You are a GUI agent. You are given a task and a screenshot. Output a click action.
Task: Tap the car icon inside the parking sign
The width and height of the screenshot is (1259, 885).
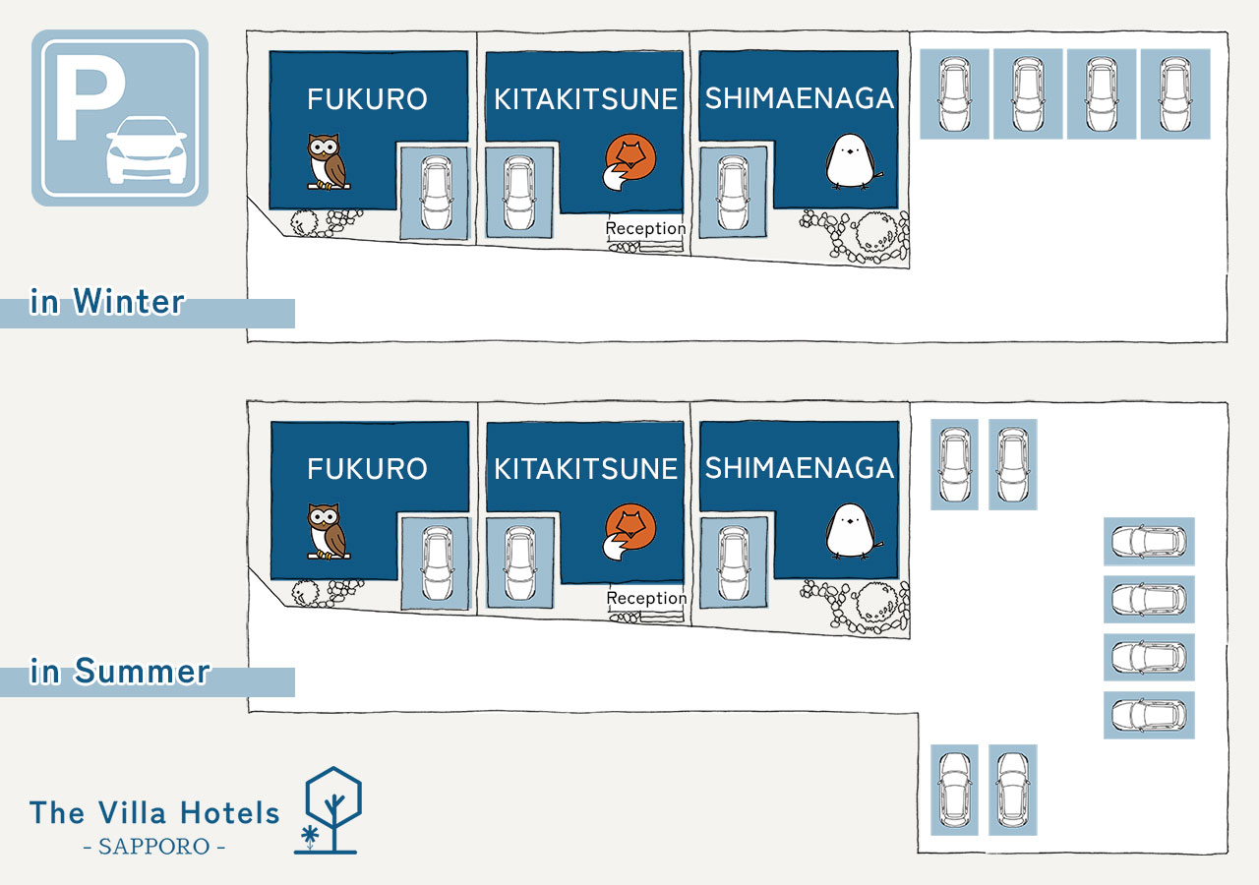pos(146,150)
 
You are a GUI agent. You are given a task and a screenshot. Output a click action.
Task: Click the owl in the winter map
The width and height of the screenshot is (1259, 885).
pos(327,161)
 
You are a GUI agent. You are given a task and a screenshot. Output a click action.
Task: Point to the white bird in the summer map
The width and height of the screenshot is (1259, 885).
pos(849,531)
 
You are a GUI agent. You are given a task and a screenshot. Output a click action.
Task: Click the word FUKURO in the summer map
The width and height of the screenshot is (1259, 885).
pos(367,469)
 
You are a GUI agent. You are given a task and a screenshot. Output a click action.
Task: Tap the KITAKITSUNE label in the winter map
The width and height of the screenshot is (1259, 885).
pos(586,99)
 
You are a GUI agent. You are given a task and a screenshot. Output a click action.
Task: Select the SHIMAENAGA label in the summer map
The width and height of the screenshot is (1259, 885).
pos(799,468)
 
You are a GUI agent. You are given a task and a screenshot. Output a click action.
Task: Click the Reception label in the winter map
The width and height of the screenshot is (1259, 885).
pos(645,228)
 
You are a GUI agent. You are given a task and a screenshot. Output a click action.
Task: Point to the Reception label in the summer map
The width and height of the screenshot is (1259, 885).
pos(646,598)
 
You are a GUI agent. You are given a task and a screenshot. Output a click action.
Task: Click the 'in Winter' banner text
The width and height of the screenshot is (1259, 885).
pos(107,302)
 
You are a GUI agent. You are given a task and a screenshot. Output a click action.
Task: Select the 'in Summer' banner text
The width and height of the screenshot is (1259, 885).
pos(120,673)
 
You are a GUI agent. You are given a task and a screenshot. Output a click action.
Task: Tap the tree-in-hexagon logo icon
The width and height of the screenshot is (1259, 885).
pos(331,809)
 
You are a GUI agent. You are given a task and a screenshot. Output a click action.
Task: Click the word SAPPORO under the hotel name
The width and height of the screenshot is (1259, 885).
pos(154,847)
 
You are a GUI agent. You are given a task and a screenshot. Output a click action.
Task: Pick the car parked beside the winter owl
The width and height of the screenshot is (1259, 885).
pos(434,192)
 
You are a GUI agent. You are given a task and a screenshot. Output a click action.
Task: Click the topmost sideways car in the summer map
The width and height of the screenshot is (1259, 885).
pos(1149,541)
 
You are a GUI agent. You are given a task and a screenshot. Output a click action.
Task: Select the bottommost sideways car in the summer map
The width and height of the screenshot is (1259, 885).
pos(1149,715)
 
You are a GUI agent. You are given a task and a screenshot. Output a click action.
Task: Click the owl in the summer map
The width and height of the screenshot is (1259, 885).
pos(327,531)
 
